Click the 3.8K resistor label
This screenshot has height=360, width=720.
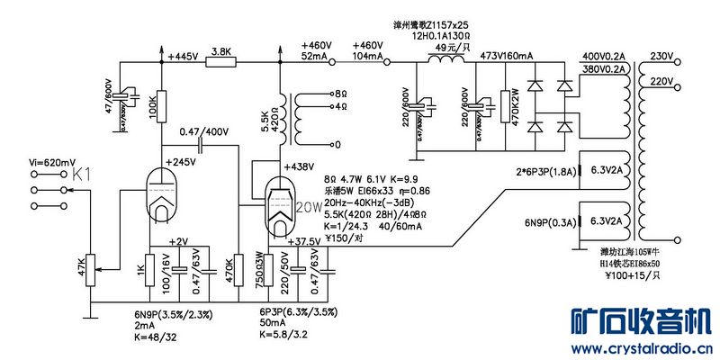[x=220, y=50]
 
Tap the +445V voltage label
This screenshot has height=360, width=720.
[x=184, y=56]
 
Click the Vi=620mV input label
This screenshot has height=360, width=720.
[x=52, y=162]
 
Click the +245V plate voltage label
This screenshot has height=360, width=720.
[x=180, y=163]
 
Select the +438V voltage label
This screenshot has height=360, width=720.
[x=298, y=166]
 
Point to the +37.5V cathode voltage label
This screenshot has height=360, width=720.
[x=303, y=241]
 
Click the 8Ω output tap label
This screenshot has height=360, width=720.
[x=340, y=93]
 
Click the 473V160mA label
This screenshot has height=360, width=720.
[x=508, y=56]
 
